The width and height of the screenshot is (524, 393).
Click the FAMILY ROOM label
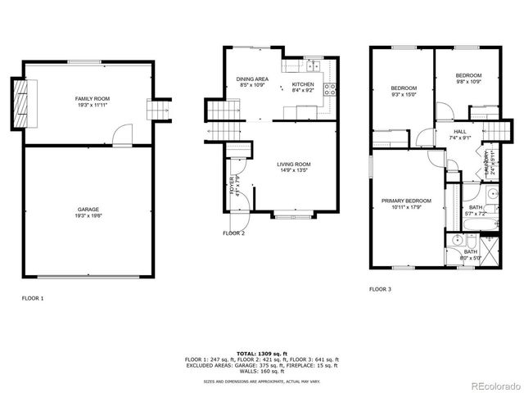92,99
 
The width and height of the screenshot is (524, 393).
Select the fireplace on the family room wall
20,104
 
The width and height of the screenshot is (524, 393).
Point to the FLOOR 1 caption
33,299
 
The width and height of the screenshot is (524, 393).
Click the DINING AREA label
253,79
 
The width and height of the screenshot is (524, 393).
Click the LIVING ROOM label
293,164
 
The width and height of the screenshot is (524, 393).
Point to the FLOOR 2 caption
234,233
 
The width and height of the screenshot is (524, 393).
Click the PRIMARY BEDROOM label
407,201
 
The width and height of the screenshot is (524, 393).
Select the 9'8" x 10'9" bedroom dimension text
468,82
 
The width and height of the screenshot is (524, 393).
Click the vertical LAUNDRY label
486,160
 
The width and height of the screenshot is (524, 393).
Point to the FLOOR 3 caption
380,289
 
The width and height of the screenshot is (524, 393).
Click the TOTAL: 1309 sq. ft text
262,353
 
